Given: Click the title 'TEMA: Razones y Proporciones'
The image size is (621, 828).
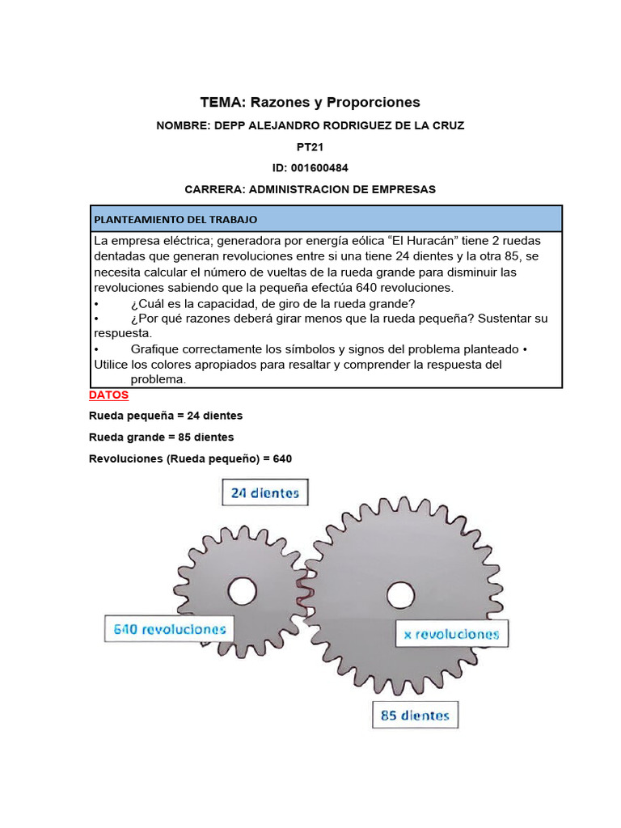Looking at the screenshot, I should (310, 103).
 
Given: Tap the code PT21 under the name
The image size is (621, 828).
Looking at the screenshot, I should (310, 147).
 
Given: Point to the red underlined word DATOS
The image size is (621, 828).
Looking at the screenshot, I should (108, 395).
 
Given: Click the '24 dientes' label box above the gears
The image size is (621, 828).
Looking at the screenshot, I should (265, 492).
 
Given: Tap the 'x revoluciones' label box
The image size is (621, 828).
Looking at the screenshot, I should (451, 635).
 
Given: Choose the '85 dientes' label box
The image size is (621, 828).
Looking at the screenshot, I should (415, 716).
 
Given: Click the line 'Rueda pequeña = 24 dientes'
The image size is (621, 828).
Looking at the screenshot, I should (166, 416).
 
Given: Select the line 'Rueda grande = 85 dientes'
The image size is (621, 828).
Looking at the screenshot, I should (162, 437).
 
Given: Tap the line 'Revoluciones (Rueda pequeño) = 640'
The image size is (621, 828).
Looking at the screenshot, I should (191, 458).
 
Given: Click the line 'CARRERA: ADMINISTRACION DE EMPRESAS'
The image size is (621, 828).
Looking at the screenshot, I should (310, 189).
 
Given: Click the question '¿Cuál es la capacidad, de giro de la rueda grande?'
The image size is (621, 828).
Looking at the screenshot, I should (272, 303).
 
